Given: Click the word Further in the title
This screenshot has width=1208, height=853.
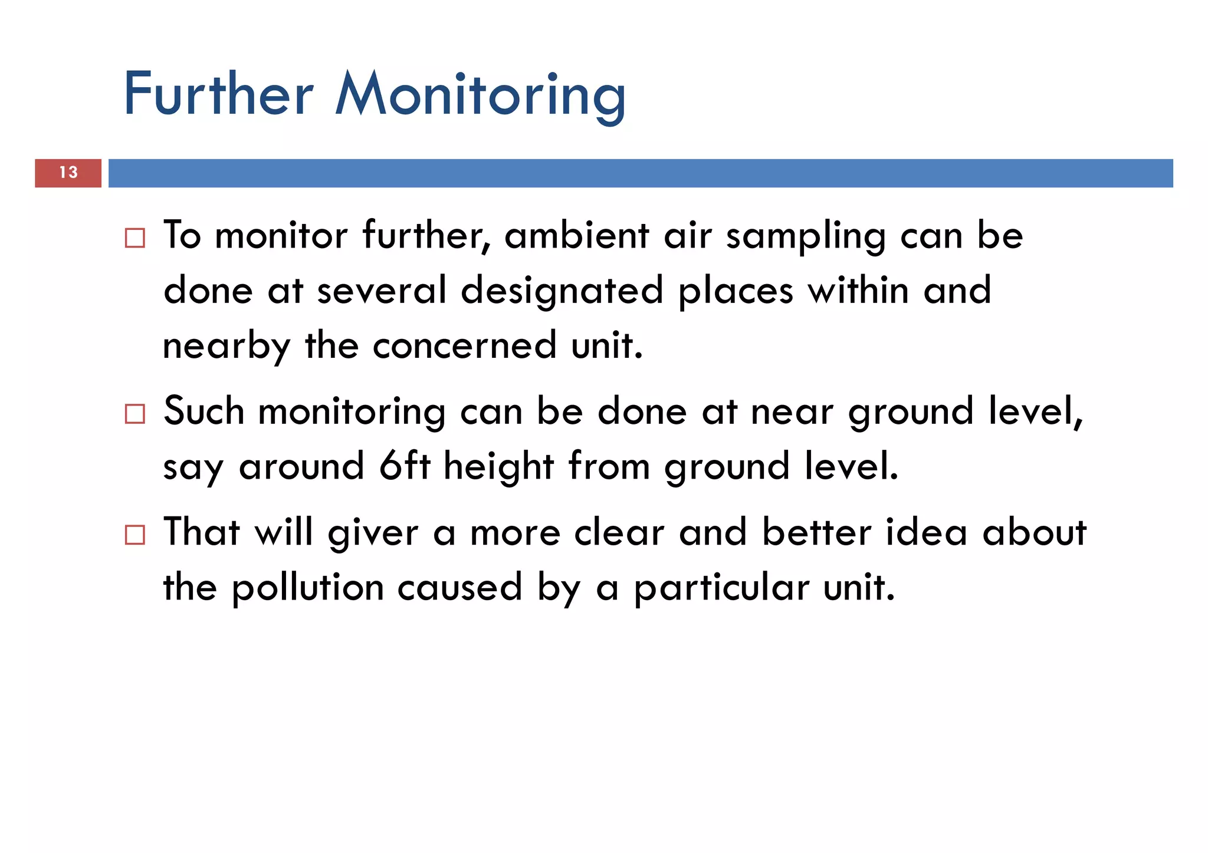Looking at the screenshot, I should (x=218, y=94).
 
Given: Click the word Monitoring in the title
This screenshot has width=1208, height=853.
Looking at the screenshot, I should (x=480, y=94).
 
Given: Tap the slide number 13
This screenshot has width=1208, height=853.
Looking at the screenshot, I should (x=68, y=173).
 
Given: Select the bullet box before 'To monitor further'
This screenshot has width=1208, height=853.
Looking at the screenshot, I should (x=135, y=238).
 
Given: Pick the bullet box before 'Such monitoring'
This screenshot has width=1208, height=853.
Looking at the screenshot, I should (x=135, y=414).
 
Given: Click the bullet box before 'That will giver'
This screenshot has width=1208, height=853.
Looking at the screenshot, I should (x=135, y=535).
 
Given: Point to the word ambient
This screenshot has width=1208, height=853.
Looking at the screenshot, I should (x=576, y=235).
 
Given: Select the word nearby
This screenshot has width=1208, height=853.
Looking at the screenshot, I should (x=226, y=347).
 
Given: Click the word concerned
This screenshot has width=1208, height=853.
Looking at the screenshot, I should (x=465, y=345).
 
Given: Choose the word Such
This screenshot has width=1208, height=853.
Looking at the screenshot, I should (x=203, y=411).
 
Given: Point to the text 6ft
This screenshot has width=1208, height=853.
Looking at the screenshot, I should (x=405, y=466).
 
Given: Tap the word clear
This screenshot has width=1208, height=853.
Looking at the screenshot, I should (x=619, y=532).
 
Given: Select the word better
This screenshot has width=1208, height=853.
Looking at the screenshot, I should (x=816, y=532).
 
